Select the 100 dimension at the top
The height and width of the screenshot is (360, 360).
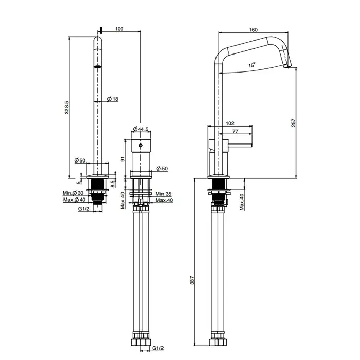119,29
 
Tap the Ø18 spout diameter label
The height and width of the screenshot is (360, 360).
113,98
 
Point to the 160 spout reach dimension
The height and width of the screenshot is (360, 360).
253,29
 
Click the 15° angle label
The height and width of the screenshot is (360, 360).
251,66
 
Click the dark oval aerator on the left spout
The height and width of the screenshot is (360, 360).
97,66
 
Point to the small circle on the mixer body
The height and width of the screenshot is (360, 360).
140,146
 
